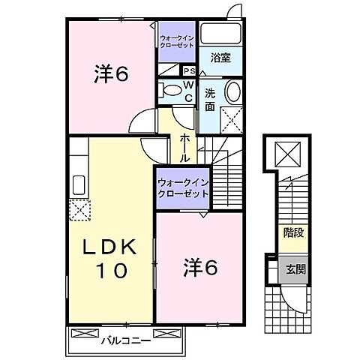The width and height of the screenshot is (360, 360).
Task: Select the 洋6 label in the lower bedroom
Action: (201, 267)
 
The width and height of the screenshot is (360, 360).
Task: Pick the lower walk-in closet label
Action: (182, 187)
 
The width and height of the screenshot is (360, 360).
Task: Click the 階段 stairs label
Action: (293, 232)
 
